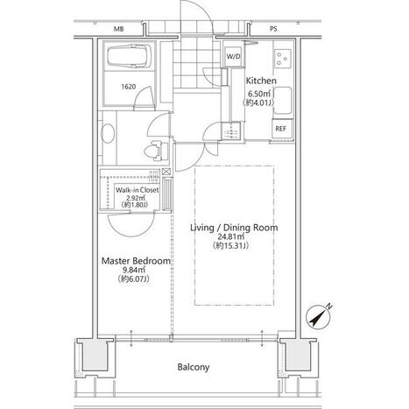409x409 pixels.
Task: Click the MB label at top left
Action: tap(119, 29)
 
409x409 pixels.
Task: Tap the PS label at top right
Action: tap(273, 29)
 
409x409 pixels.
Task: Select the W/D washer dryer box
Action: tap(234, 57)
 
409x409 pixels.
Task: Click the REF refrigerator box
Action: tap(281, 129)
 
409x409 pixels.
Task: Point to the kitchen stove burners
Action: tap(283, 58)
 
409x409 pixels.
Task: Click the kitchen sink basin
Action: tap(283, 101)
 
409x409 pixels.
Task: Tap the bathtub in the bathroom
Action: tap(130, 56)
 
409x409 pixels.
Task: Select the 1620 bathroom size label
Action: tap(129, 87)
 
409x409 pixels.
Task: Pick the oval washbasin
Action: tap(108, 134)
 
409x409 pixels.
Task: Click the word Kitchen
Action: tap(261, 81)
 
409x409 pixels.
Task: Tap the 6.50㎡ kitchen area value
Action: tap(258, 94)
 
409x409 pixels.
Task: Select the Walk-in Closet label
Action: tap(138, 190)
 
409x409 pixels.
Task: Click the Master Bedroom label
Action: tap(136, 261)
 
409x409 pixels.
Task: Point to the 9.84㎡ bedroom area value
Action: tap(135, 270)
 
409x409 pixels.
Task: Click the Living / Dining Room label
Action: tap(234, 228)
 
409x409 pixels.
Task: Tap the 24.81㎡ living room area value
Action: tap(230, 236)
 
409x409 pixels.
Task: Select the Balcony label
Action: tap(194, 367)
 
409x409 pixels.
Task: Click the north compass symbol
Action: tap(319, 317)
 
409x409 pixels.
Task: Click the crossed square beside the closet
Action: tap(166, 172)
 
